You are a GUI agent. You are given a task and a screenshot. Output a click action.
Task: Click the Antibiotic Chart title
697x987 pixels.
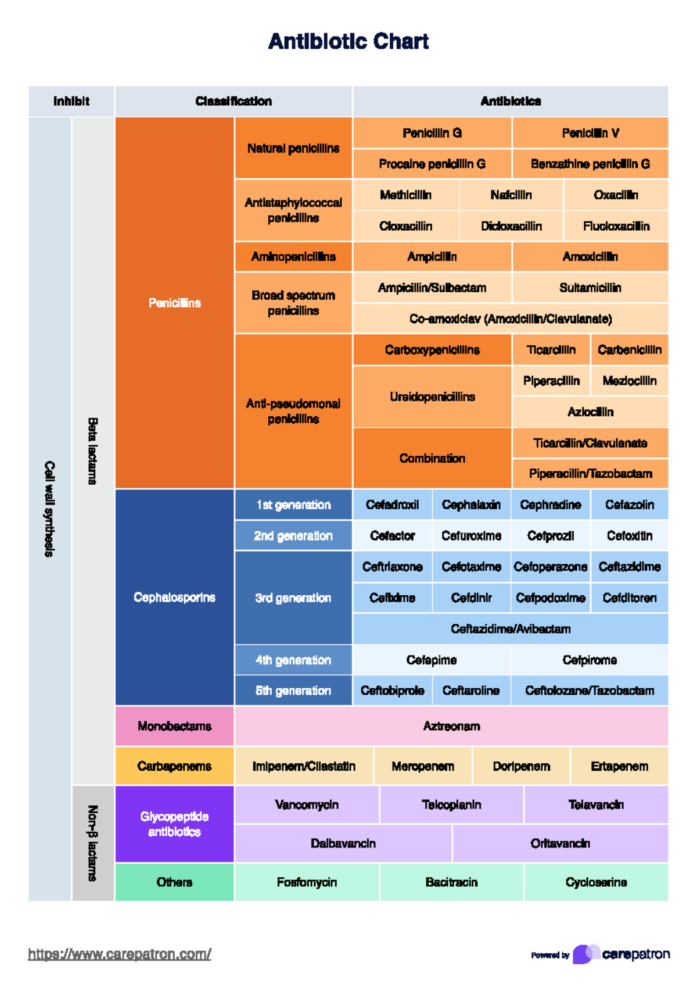348,41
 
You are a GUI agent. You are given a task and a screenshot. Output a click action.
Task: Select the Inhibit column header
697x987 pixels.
71,101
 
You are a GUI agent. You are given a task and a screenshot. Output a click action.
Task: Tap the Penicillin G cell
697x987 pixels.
432,133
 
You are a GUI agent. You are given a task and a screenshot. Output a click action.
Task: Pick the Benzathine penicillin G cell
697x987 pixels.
590,164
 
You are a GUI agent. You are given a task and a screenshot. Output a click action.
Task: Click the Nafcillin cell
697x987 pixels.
511,195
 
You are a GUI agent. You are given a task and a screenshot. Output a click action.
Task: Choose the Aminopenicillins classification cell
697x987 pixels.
293,257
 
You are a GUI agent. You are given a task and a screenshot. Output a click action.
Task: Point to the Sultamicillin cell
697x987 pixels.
590,288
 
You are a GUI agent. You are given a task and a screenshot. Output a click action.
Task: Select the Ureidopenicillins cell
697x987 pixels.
432,396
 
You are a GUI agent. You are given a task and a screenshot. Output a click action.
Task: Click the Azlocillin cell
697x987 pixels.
590,412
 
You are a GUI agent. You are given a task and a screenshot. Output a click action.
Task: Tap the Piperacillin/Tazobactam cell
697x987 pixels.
590,474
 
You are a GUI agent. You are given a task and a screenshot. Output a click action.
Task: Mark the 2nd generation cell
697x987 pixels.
293,536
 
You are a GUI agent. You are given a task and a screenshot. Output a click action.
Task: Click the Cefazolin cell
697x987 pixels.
630,505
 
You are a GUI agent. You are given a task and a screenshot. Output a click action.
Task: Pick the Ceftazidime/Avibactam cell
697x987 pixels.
511,629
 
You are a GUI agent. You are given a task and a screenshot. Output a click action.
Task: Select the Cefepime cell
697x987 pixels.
432,660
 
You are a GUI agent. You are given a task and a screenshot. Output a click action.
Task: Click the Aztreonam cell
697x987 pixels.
451,726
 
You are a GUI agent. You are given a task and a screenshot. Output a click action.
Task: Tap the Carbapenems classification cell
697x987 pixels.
174,766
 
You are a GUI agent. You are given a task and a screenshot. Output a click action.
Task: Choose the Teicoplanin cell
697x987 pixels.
451,805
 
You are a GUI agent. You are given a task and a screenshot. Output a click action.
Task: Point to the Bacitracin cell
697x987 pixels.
451,882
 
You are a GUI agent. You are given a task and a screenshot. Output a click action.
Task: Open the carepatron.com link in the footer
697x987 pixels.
120,954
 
